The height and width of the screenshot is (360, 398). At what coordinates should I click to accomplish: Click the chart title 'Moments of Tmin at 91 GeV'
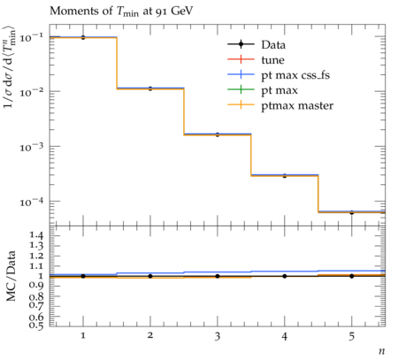tap(121, 11)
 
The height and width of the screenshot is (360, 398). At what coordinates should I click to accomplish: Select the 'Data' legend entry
tap(273, 45)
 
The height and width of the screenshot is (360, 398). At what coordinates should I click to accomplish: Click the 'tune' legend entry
tap(272, 60)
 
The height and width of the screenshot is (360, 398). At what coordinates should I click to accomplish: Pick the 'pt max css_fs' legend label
tap(295, 76)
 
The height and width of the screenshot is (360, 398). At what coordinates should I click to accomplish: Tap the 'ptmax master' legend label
tap(297, 106)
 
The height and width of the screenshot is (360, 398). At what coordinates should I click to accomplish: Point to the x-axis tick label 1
tap(83, 335)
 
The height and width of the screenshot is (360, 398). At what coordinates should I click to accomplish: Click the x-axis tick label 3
tap(218, 336)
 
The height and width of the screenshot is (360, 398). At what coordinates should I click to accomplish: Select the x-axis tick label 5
tap(351, 336)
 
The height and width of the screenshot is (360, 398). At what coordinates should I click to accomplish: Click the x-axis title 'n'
tap(381, 351)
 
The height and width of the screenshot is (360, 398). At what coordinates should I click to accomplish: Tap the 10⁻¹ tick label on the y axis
tap(31, 37)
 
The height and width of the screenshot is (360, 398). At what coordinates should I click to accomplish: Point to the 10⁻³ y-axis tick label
tap(31, 147)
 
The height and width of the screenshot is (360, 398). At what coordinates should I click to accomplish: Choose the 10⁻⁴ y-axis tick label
tap(31, 202)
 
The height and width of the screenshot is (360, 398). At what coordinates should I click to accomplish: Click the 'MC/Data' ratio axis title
tap(11, 276)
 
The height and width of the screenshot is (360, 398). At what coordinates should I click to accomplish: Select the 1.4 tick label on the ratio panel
tap(36, 235)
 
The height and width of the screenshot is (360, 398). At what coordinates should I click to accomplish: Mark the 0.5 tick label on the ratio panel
tap(36, 325)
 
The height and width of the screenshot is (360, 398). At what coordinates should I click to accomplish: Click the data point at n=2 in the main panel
tap(150, 88)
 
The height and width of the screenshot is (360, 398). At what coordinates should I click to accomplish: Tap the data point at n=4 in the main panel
tap(285, 176)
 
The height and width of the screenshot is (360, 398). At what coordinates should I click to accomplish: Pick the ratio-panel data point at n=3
tap(218, 276)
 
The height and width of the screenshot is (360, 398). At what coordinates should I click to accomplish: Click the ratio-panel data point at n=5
tap(351, 276)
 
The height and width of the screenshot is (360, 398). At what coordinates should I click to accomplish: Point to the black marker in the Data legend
tap(241, 44)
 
